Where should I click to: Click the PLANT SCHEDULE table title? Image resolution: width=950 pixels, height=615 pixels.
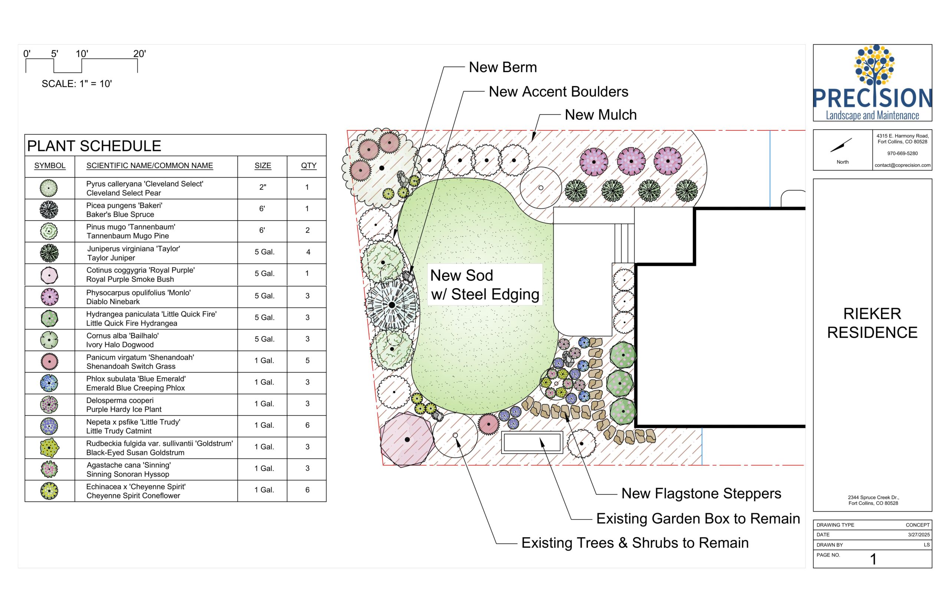(94, 146)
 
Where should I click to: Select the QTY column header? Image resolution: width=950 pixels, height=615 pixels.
(308, 166)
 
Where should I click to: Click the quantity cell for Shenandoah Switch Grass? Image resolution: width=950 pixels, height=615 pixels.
(307, 361)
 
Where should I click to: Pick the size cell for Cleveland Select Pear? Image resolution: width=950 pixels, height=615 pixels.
(262, 187)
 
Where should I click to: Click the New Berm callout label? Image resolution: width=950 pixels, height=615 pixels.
(503, 67)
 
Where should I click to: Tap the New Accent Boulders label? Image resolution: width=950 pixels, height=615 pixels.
(558, 91)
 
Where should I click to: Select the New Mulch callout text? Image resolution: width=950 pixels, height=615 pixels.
(600, 115)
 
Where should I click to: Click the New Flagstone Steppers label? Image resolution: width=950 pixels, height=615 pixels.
(701, 494)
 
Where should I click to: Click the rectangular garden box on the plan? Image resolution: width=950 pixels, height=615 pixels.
(532, 442)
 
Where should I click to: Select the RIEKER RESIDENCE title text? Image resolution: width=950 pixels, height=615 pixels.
(872, 323)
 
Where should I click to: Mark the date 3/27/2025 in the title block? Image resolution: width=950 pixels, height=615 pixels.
(919, 535)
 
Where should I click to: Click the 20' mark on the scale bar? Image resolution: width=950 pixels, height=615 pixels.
(139, 53)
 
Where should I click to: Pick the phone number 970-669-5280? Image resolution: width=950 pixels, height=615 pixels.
(902, 153)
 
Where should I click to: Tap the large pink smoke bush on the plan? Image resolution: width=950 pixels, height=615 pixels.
(407, 439)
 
